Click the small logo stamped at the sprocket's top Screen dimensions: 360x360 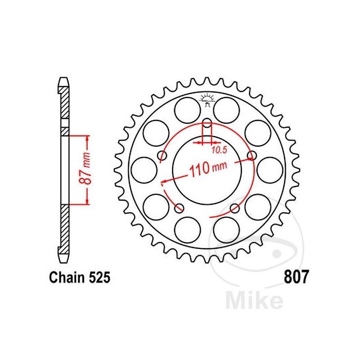[x=207, y=99]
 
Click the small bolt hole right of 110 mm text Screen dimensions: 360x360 [x=252, y=156]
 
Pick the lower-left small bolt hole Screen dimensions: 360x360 [x=179, y=207]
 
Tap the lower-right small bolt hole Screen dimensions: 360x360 [x=234, y=207]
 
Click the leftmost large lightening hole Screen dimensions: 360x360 [x=144, y=169]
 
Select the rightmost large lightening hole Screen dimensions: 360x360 [x=270, y=169]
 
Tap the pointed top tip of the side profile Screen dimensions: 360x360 [x=64, y=81]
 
